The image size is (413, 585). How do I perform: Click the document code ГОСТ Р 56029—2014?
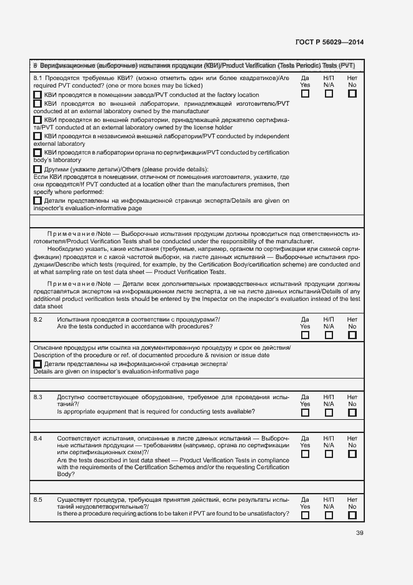click(329, 43)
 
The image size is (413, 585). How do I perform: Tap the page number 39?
click(359, 533)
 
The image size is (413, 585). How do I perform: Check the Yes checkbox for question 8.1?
click(305, 94)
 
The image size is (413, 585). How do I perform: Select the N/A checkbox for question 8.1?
click(329, 94)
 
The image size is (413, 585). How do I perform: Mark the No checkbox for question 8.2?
click(352, 335)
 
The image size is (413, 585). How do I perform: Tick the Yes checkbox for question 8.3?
click(305, 413)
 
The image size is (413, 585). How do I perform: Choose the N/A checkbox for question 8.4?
click(329, 454)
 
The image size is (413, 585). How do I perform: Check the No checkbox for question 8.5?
click(352, 516)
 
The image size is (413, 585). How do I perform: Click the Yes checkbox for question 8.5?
click(305, 516)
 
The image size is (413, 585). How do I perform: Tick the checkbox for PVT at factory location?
click(37, 95)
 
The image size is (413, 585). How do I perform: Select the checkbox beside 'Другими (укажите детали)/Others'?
click(37, 169)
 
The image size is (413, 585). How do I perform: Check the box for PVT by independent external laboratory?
click(37, 136)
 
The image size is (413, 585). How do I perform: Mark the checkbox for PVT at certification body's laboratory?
click(37, 152)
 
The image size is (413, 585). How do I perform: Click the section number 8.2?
click(38, 320)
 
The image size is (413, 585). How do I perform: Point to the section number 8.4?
click(38, 439)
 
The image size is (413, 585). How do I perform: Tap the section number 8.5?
click(38, 500)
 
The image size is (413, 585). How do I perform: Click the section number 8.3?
click(38, 397)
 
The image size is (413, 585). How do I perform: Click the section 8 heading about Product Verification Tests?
click(194, 65)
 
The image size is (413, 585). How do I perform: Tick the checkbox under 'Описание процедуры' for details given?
click(37, 364)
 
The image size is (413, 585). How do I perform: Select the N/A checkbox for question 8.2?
click(329, 335)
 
